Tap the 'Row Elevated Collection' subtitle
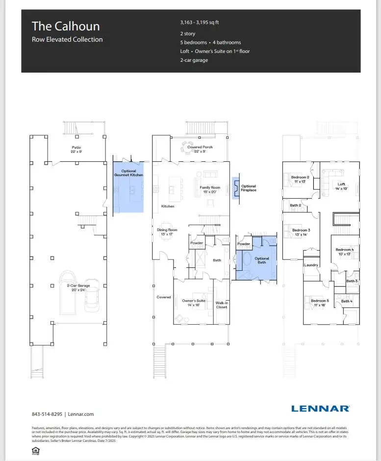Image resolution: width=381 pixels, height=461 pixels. pyautogui.click(x=67, y=39)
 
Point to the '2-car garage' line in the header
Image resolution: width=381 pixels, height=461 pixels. pyautogui.click(x=194, y=60)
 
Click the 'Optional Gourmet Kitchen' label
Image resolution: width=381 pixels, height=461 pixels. pyautogui.click(x=128, y=173)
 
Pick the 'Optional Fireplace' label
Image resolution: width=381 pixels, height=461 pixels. pyautogui.click(x=249, y=188)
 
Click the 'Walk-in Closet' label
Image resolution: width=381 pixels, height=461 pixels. pyautogui.click(x=222, y=305)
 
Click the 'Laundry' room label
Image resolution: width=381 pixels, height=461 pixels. pyautogui.click(x=311, y=265)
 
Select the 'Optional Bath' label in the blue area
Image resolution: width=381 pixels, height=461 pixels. pyautogui.click(x=262, y=260)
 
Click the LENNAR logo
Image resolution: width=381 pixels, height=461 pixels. pyautogui.click(x=320, y=408)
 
